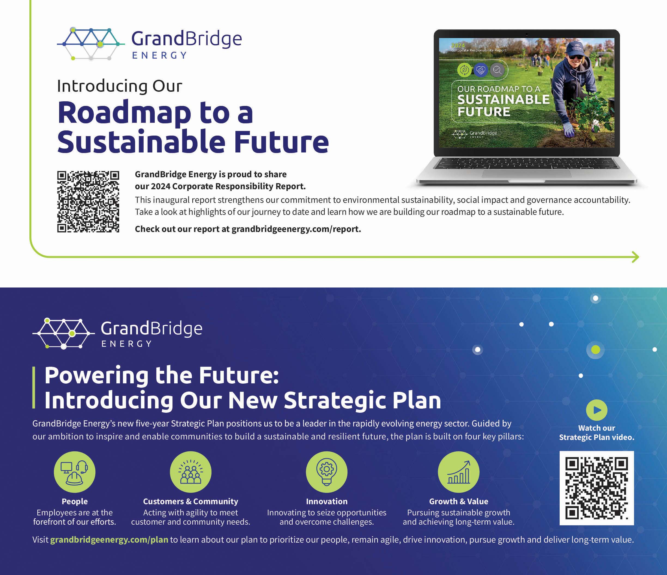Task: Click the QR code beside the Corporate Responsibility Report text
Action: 88,202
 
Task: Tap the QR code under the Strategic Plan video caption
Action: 596,488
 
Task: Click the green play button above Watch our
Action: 596,410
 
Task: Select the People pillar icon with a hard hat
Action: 75,472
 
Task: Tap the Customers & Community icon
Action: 190,472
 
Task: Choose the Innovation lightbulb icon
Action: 327,472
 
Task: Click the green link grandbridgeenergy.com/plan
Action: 109,540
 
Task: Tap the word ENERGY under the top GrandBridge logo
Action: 159,55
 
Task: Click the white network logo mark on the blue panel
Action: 63,334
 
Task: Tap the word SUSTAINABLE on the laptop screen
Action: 504,100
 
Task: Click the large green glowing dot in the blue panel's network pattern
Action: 596,350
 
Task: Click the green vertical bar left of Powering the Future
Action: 34,387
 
